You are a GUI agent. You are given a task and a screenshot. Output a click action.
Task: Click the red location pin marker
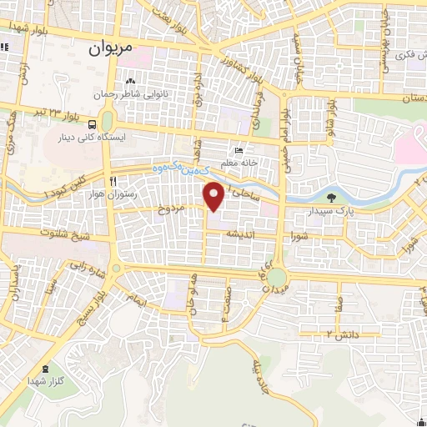click(214, 196)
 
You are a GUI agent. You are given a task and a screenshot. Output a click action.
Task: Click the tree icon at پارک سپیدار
click(333, 198)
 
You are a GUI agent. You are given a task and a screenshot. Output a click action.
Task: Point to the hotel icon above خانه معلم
click(239, 151)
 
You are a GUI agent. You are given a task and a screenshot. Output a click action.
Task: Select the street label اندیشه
click(248, 236)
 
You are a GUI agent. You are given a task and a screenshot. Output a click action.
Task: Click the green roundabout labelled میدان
click(275, 276)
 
